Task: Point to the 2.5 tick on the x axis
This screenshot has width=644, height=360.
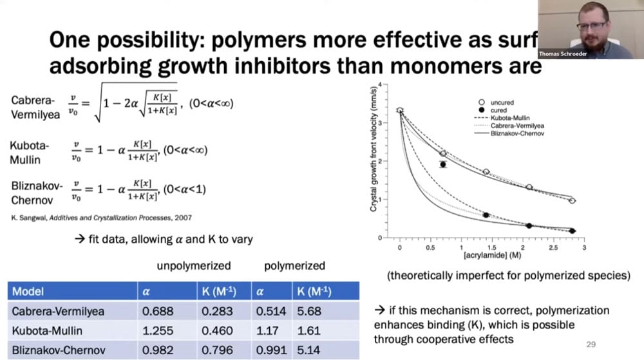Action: pyautogui.click(x=553, y=247)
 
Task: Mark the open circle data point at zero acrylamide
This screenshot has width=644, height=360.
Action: pyautogui.click(x=400, y=111)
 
